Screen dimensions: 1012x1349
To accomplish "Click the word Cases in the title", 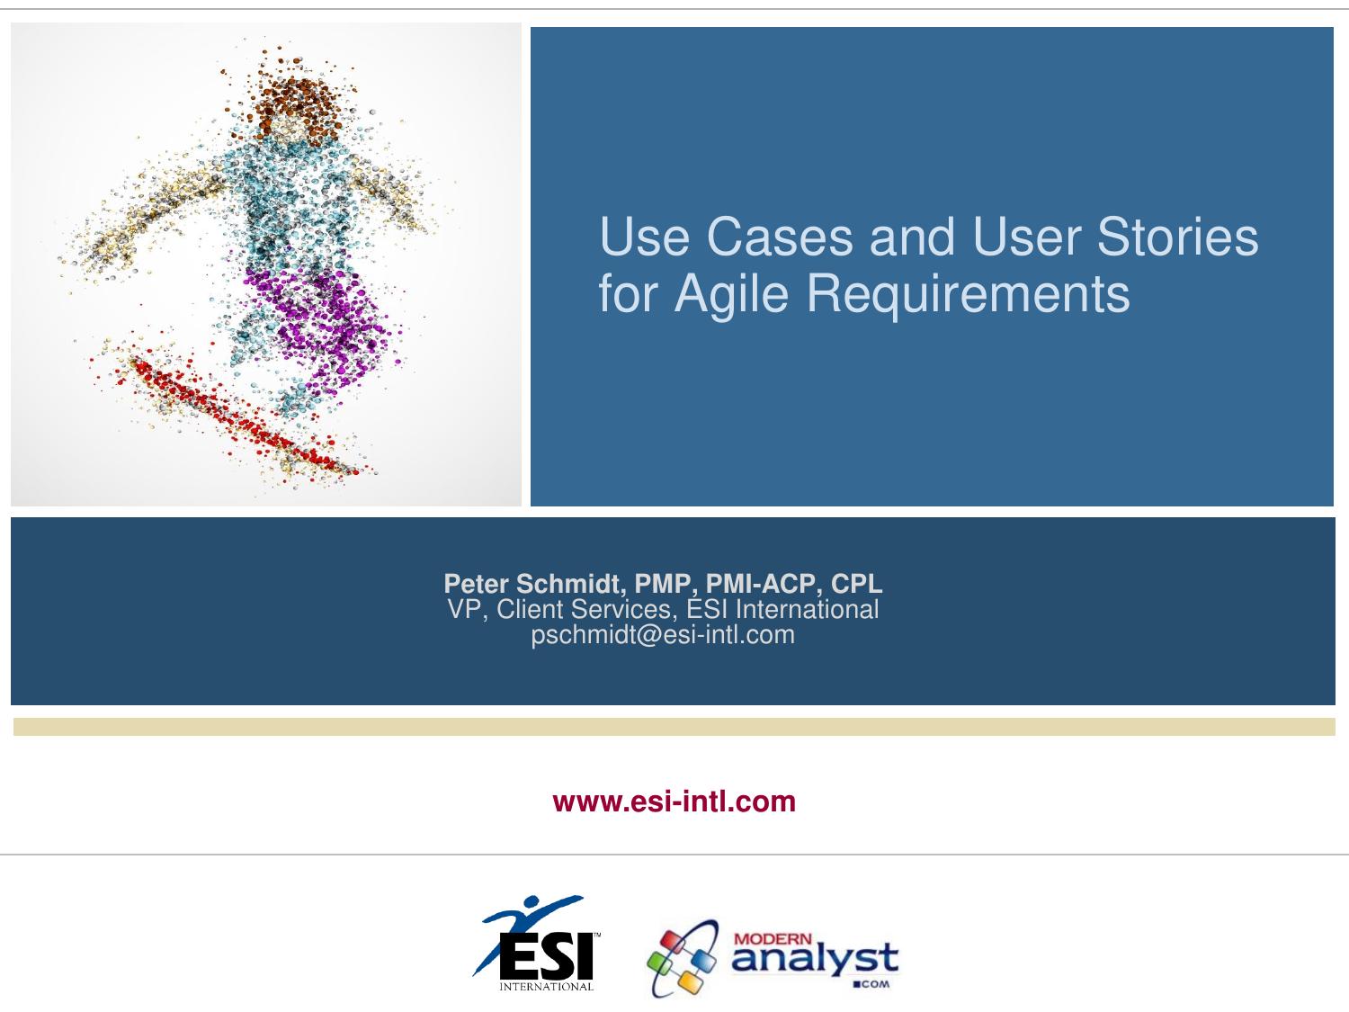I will click(780, 237).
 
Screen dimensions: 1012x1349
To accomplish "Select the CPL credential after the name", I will click(857, 583).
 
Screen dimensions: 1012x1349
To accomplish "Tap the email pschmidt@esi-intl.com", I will click(663, 635).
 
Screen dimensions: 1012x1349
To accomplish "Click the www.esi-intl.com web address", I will click(674, 802).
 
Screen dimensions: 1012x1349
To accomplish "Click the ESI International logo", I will click(538, 944).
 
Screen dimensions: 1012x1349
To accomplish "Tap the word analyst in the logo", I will click(815, 959).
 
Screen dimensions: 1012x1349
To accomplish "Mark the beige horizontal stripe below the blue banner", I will click(674, 727).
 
